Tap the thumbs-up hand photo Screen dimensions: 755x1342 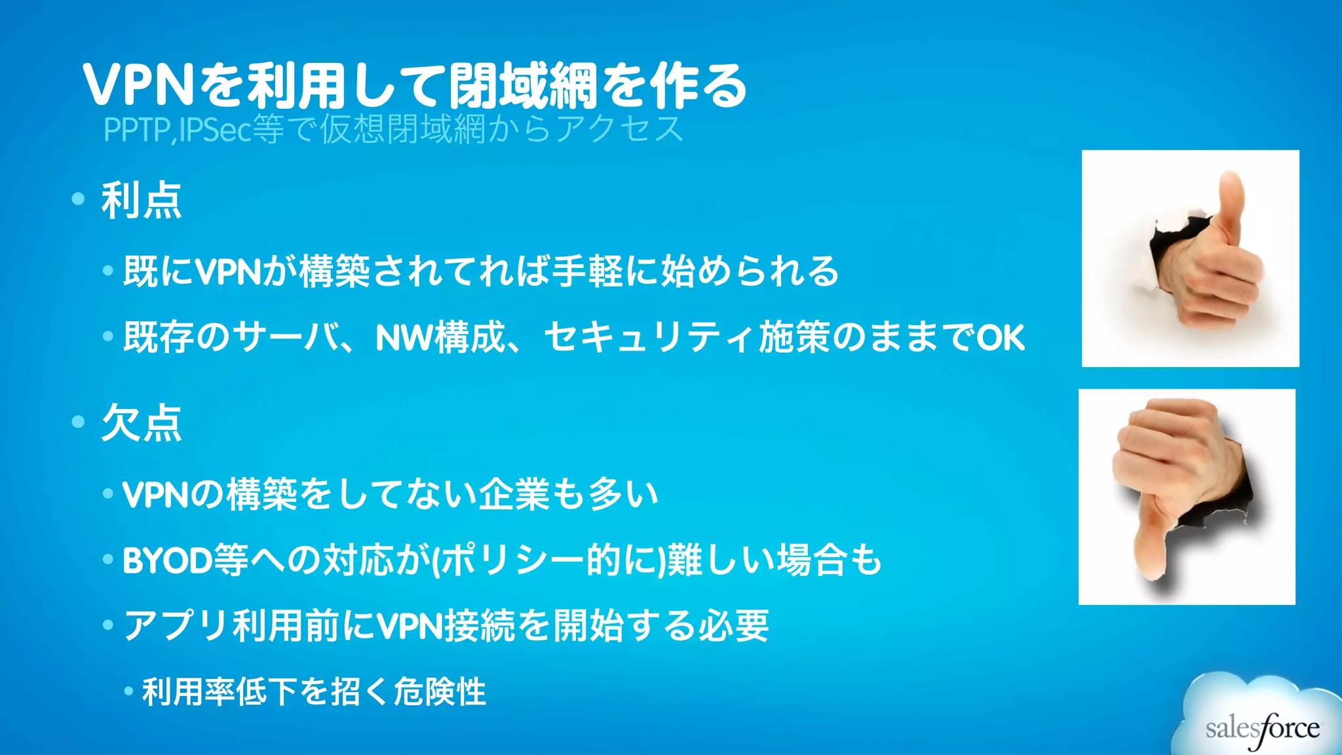pos(1190,258)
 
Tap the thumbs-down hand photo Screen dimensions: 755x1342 pos(1187,497)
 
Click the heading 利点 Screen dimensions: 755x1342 pos(142,201)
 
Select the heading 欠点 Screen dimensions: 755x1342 pos(142,423)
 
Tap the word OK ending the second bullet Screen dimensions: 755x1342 pos(1001,338)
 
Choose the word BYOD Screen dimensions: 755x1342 pos(166,561)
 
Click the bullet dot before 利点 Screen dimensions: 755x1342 pos(79,199)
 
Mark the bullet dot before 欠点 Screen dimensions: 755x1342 pos(79,421)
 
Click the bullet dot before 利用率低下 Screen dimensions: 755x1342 pos(129,691)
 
